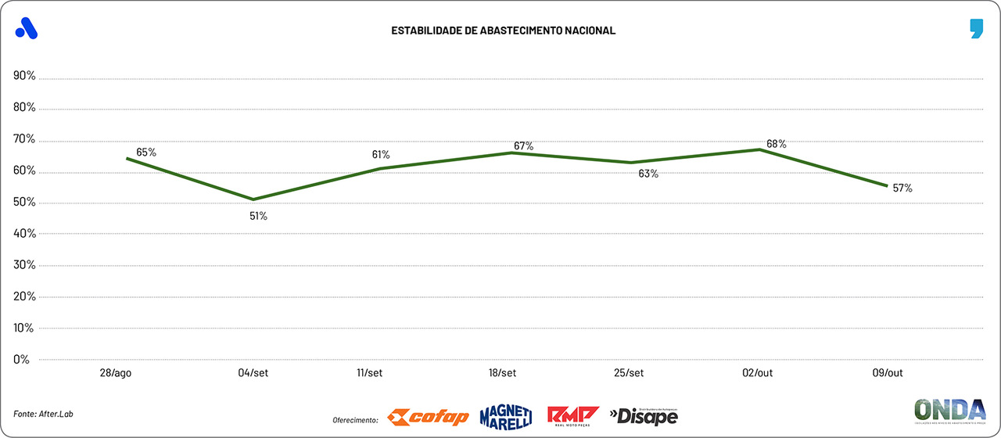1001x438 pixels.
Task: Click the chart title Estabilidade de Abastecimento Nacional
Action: pos(503,31)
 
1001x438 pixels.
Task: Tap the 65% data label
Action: pos(146,153)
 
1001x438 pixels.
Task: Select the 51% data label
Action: pos(258,216)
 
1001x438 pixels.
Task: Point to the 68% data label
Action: pos(777,144)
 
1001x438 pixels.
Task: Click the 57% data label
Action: pos(902,188)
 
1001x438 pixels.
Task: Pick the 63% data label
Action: pos(648,174)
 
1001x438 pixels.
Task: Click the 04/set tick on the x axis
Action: pos(253,373)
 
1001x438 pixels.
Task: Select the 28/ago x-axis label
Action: pos(116,373)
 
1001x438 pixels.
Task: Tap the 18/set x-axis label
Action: pos(501,373)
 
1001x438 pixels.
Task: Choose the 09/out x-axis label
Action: pos(887,373)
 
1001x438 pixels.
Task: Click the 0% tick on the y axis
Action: pos(22,360)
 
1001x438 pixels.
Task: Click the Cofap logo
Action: pos(429,417)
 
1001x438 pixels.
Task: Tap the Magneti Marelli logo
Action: pos(505,415)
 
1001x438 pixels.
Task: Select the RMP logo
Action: pos(572,415)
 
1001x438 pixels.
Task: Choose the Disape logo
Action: pos(644,416)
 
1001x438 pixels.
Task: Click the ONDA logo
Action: pos(949,411)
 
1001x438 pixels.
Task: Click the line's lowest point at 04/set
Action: pos(253,199)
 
